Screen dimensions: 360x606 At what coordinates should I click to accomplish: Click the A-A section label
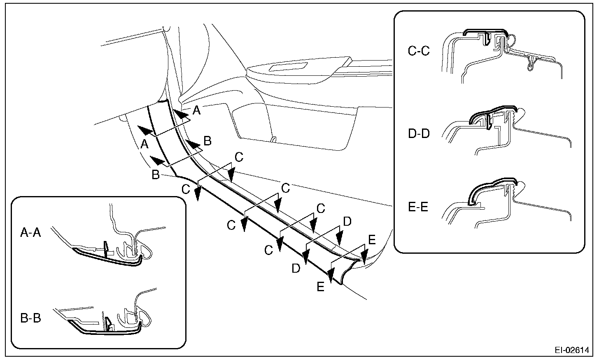click(30, 233)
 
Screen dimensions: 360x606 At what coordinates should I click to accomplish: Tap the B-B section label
click(30, 318)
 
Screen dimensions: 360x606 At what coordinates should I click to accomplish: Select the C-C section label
click(418, 51)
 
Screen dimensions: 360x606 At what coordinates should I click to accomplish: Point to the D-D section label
click(418, 134)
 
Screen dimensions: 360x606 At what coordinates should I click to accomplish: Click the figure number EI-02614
click(571, 350)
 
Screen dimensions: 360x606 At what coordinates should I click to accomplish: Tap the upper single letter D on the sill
click(347, 222)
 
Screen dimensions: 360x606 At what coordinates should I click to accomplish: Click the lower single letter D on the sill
click(296, 269)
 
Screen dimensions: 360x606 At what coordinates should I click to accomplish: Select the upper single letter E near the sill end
click(371, 240)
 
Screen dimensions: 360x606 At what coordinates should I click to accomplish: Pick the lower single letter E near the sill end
click(321, 287)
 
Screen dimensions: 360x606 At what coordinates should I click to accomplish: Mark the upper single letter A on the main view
click(197, 110)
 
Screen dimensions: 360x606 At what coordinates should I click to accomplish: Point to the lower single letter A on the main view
click(144, 144)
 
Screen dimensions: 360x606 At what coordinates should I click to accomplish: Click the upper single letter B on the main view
click(207, 141)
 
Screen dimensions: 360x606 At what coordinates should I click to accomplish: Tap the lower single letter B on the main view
click(155, 175)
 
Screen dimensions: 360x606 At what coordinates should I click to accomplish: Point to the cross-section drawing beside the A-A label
click(111, 243)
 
